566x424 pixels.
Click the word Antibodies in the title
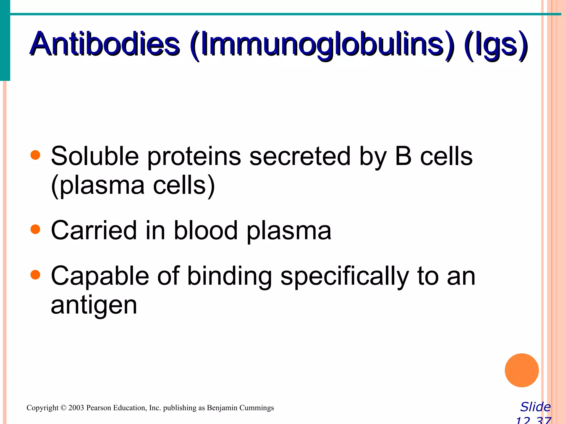[105, 44]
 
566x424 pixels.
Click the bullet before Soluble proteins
[35, 155]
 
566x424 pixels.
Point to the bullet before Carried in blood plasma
[35, 229]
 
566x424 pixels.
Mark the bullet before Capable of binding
[35, 275]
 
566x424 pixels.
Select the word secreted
[300, 156]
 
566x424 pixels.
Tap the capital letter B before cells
[403, 156]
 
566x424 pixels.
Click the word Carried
[94, 230]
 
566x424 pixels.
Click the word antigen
[94, 306]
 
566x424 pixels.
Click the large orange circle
[522, 370]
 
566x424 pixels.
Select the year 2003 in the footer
[76, 408]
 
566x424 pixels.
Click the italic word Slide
[535, 407]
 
